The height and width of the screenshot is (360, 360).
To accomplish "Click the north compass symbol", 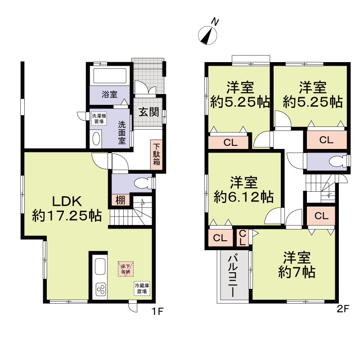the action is pos(207,35).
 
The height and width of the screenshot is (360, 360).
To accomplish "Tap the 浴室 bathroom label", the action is pos(109,94).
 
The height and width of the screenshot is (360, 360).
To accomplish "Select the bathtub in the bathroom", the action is pos(110,76).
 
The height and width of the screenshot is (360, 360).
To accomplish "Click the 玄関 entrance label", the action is pos(149,112).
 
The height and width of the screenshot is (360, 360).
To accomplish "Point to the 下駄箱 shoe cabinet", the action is pos(157,154).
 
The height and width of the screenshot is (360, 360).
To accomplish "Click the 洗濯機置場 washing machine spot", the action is pos(99,118).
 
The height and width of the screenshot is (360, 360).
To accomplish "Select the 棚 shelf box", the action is pos(121,200).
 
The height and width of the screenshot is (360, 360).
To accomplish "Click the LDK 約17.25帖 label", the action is pos(67,209).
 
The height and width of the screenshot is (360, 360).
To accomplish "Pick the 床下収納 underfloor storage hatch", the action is pos(126,269).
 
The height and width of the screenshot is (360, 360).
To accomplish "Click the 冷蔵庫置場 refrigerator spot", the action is pos(142,288).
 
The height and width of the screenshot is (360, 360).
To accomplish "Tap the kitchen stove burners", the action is pos(100,289).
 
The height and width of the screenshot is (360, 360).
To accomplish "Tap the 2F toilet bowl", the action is pos(337,162).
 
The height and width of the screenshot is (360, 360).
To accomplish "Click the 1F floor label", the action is pos(157,311).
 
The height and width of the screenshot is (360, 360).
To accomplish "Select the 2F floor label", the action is pos(343,309).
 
